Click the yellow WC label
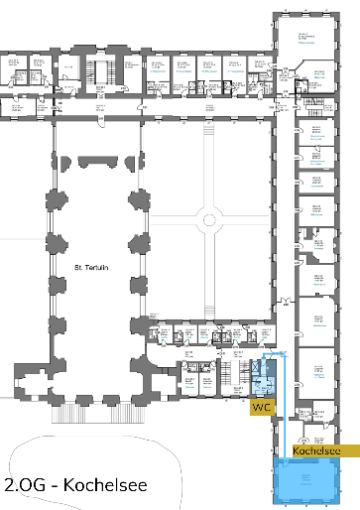[x=261, y=407]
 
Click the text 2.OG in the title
[x=23, y=487]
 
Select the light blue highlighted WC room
[x=263, y=383]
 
